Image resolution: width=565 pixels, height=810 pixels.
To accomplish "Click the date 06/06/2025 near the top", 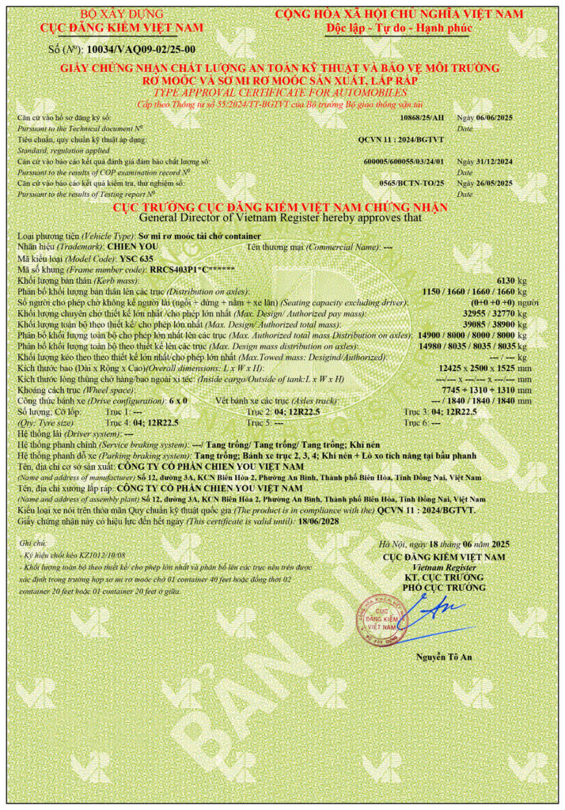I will tap(495, 117).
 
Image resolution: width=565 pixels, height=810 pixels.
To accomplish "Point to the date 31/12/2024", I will tap(495, 161).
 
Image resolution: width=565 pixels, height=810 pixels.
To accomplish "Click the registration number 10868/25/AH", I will tap(423, 117).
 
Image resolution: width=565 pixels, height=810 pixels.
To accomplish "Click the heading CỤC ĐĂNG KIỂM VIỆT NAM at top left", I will tap(122, 28).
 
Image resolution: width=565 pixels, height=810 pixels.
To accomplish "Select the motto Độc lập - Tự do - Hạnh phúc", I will tap(399, 28).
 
